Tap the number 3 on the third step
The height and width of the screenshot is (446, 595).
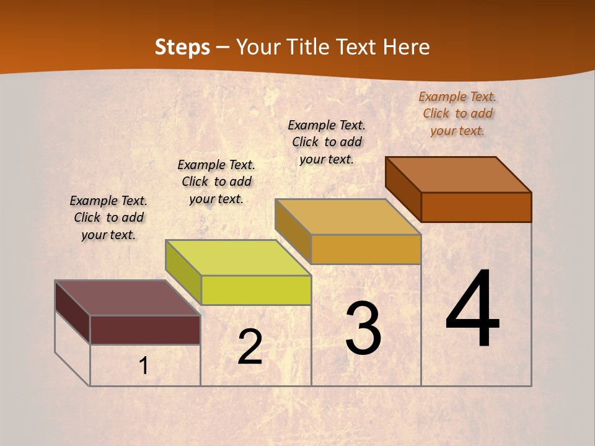(363, 328)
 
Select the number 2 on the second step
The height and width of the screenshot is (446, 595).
(250, 347)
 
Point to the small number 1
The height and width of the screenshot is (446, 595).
(144, 366)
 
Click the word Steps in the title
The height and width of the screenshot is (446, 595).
(182, 47)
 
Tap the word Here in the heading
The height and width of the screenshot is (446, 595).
(407, 47)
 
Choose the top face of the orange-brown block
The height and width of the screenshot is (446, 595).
(458, 175)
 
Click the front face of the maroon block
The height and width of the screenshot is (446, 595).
(145, 330)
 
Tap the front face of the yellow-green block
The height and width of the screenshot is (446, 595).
(256, 290)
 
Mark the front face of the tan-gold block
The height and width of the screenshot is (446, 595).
(366, 249)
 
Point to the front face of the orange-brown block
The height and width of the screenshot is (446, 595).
(476, 207)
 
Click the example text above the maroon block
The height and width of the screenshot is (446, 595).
(108, 217)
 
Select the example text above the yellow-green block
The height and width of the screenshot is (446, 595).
(216, 181)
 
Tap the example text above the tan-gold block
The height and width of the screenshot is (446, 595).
(327, 142)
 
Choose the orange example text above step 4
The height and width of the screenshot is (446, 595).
(457, 113)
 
